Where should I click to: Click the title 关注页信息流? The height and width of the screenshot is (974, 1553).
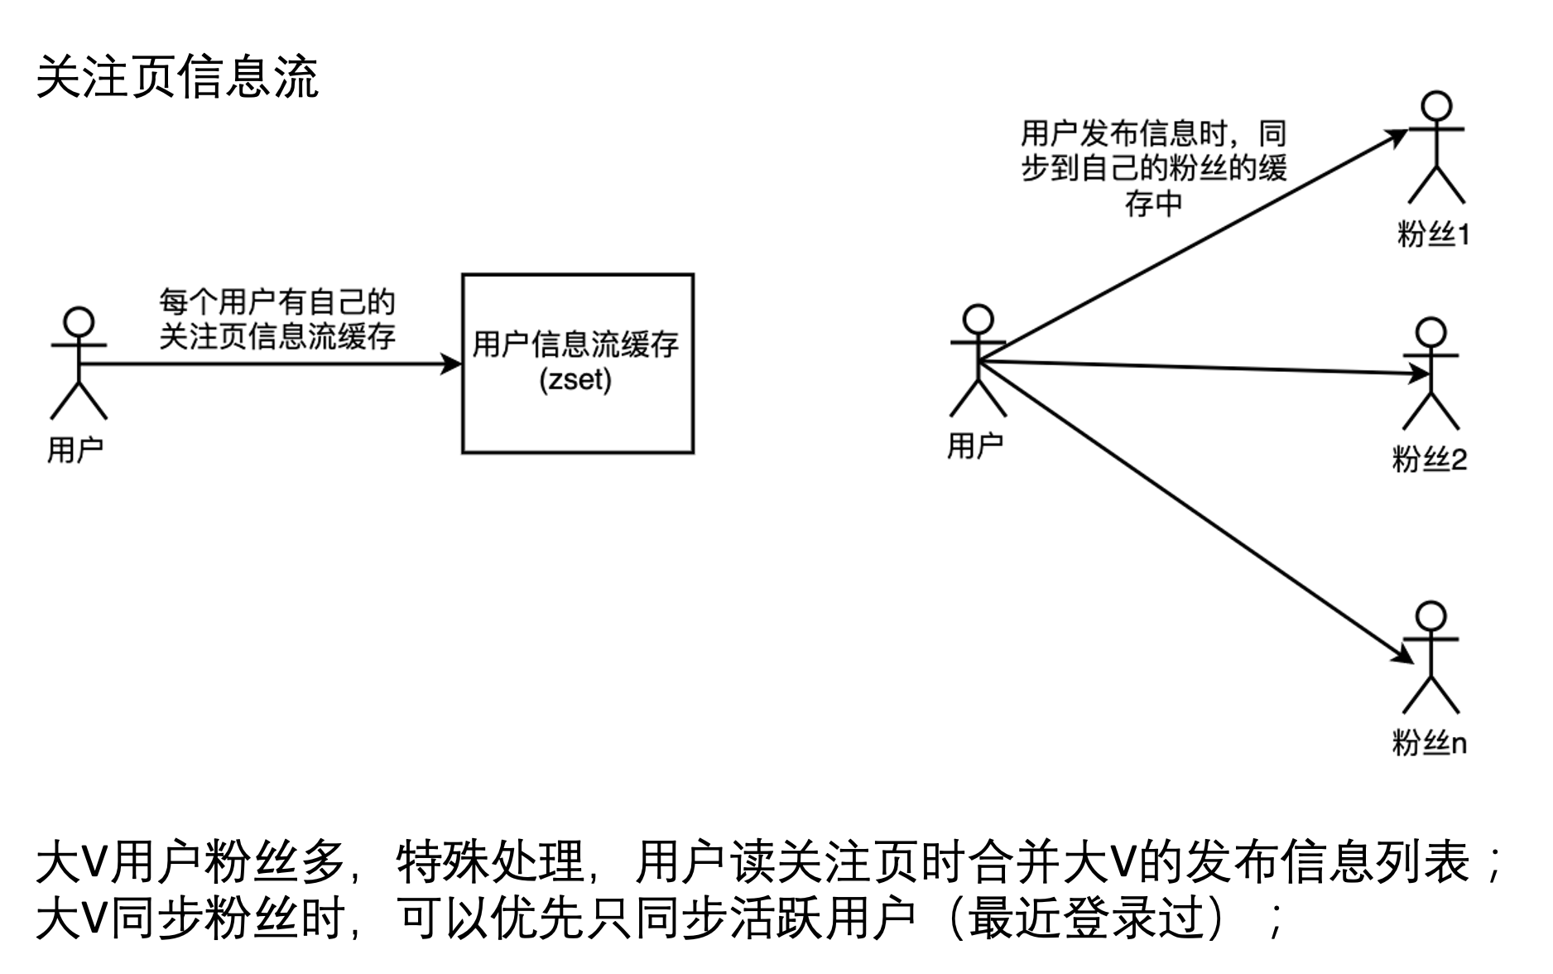177,78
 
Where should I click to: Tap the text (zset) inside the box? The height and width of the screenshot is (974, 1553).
575,380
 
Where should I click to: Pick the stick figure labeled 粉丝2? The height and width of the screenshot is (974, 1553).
1430,374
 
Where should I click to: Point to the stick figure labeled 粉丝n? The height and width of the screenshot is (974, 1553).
1430,658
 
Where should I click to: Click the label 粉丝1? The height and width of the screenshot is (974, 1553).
1433,235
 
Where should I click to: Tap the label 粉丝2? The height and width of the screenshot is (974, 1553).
1430,459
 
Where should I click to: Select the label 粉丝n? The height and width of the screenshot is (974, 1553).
1430,743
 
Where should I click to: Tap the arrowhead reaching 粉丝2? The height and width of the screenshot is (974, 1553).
1421,374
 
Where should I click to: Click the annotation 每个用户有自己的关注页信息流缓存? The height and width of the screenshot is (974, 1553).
276,319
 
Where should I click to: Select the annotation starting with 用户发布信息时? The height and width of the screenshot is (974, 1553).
1153,168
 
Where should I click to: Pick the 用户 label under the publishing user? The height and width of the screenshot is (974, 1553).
975,446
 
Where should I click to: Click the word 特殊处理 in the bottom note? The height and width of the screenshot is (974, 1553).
490,863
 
